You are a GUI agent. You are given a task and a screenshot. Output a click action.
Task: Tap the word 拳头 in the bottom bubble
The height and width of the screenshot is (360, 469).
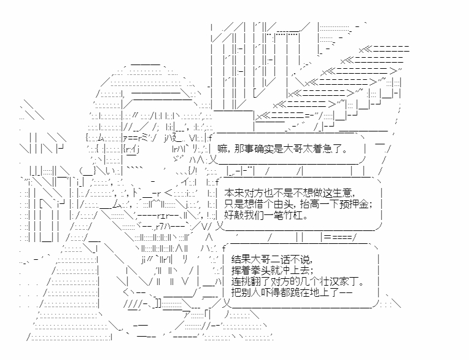click(257, 271)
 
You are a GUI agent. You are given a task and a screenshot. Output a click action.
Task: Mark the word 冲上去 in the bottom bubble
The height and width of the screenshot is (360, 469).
click(297, 271)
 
